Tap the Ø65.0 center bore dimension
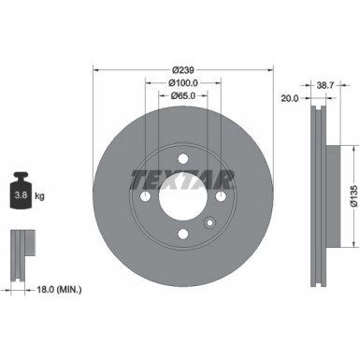(182, 95)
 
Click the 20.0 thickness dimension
(289, 96)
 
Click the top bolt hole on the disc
(182, 158)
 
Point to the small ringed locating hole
(209, 223)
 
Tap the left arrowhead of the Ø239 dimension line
(97, 71)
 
